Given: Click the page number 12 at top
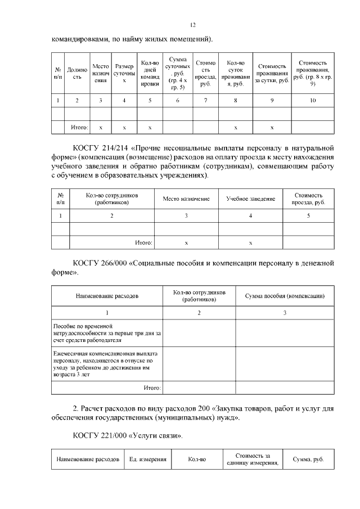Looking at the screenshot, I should click(192, 25).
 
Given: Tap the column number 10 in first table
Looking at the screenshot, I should click(313, 101).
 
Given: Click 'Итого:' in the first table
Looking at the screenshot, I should click(79, 128).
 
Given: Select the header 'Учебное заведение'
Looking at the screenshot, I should click(250, 199).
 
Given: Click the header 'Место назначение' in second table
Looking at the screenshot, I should click(186, 199).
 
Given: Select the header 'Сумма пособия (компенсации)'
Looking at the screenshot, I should click(285, 296).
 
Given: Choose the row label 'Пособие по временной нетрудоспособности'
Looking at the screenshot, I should click(106, 333).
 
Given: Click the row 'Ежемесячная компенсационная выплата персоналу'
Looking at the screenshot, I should click(106, 364).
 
